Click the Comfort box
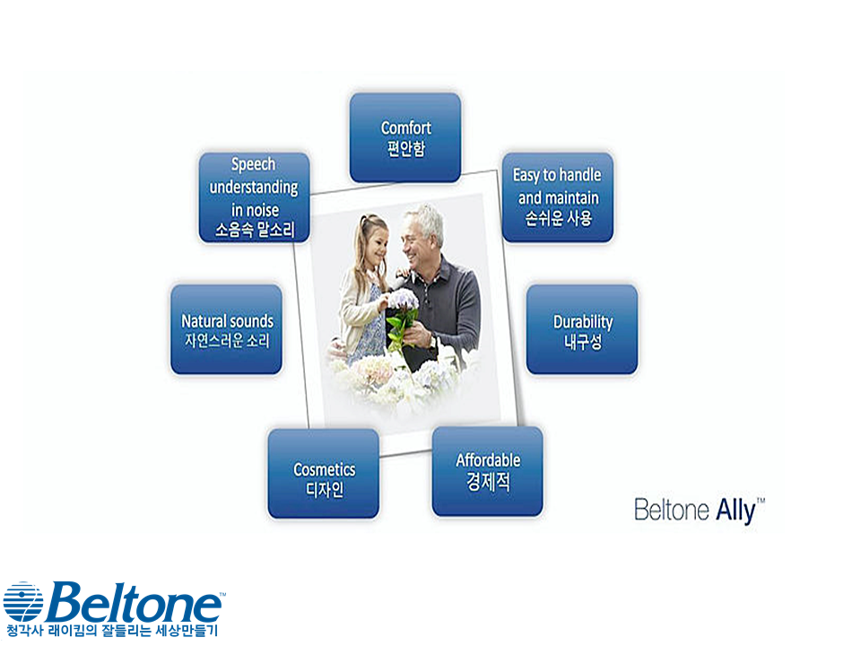[x=405, y=137]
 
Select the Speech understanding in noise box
[x=254, y=197]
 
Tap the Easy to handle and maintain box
[x=557, y=197]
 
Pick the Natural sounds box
[x=226, y=329]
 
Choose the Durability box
[x=582, y=329]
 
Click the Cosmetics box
[x=324, y=474]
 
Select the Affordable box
[x=488, y=471]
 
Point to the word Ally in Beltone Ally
[x=735, y=511]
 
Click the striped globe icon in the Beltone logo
[x=23, y=602]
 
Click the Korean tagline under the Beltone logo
[x=112, y=631]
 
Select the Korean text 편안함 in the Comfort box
[x=405, y=148]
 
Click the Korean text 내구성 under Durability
[x=583, y=342]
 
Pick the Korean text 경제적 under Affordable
[x=488, y=482]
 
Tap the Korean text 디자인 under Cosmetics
[x=325, y=489]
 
